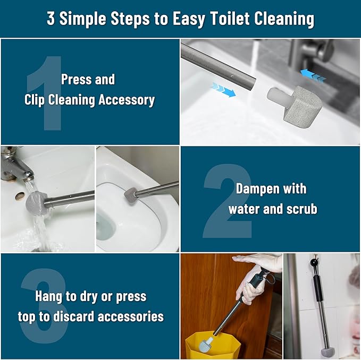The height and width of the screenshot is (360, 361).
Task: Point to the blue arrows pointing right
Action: (x=222, y=90)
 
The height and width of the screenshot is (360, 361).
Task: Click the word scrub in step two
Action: (x=299, y=209)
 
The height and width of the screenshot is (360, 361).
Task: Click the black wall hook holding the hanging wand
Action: (x=314, y=262)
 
